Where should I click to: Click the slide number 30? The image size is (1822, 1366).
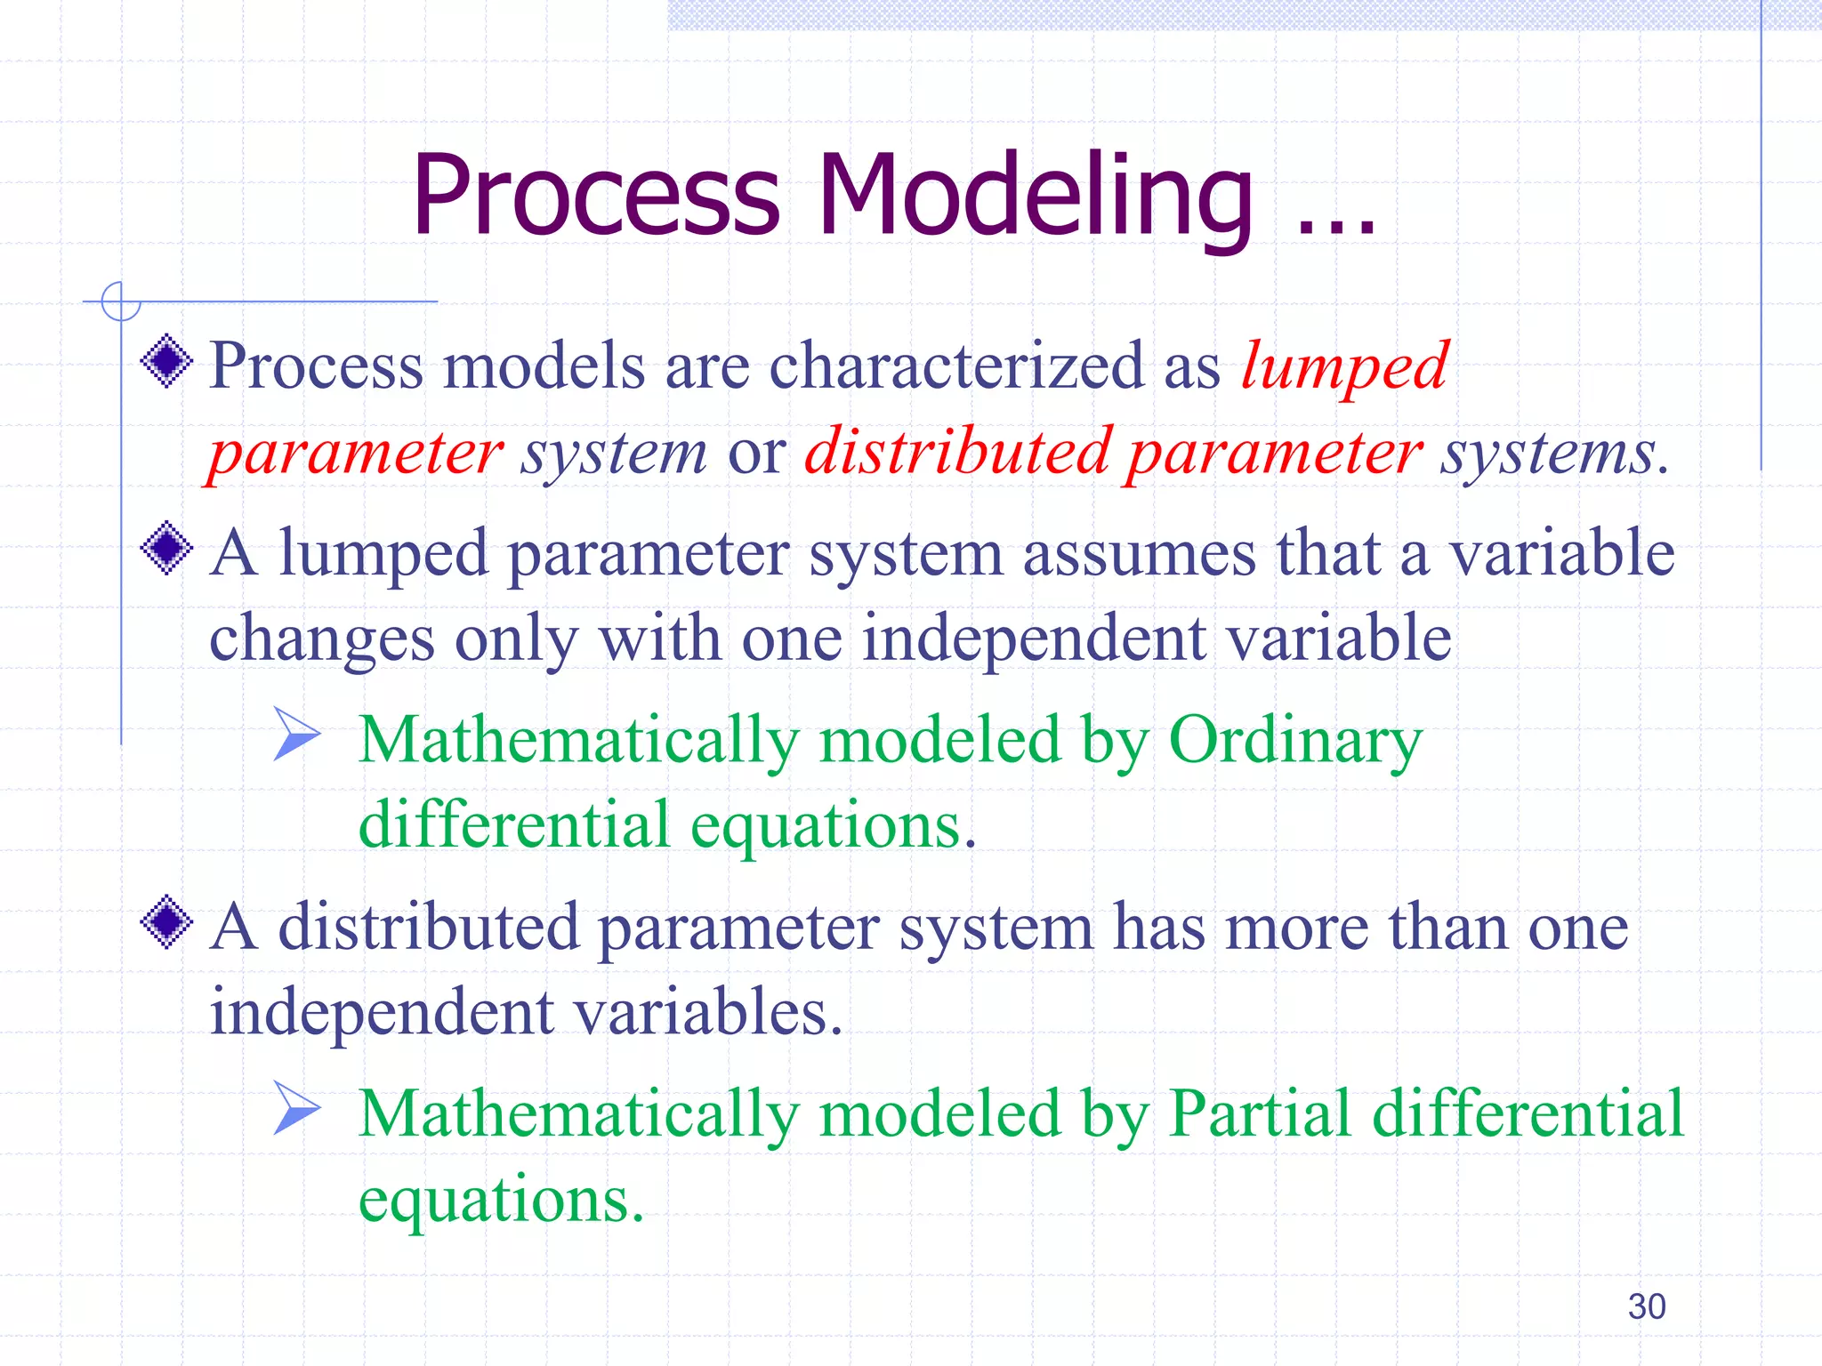pos(1646,1306)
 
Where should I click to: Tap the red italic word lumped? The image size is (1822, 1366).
pos(1344,367)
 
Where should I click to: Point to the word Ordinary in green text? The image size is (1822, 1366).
pos(1294,742)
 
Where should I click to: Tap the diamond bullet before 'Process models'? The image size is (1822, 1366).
pos(166,361)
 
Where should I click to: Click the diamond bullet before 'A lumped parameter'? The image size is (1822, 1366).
pos(166,548)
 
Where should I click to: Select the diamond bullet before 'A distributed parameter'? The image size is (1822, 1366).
pos(166,923)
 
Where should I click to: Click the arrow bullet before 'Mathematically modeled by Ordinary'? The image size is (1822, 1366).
pos(296,734)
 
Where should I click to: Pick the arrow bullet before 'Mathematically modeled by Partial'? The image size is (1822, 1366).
pos(296,1108)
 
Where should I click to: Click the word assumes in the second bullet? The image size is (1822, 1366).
pos(1140,554)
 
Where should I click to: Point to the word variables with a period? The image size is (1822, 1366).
pos(706,1013)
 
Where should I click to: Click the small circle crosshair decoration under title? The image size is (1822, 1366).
pos(121,301)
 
